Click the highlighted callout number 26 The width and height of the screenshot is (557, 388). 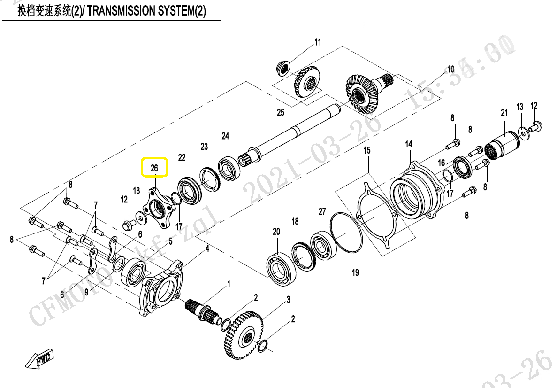154,167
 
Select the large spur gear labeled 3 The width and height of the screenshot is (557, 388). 243,334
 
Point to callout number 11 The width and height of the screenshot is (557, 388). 318,42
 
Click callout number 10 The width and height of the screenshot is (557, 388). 450,70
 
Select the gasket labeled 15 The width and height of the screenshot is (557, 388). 378,214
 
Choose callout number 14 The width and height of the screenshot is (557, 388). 409,144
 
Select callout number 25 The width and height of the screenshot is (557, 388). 281,113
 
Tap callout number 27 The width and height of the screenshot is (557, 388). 322,212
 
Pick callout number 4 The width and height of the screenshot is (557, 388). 207,248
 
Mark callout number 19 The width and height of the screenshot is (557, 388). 355,272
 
